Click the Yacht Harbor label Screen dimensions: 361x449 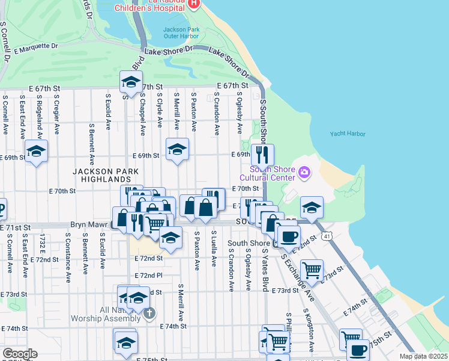pos(348,134)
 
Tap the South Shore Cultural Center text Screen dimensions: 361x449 pos(268,173)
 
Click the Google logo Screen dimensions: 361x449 pos(19,354)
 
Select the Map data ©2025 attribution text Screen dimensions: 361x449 pos(423,356)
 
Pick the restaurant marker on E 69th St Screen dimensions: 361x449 pos(262,154)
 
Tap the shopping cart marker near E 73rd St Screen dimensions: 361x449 pos(312,270)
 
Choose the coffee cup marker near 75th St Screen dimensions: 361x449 pos(358,350)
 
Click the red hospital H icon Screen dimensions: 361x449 pos(193,4)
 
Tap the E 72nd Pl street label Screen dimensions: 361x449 pos(149,276)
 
